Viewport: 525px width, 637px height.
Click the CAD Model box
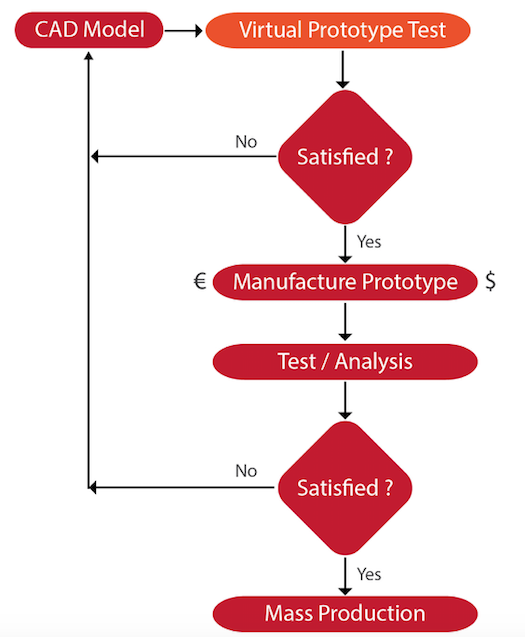89,30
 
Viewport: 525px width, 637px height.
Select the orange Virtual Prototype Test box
338,30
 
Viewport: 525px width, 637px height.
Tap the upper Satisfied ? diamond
345,157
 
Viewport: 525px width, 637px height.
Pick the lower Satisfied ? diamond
345,488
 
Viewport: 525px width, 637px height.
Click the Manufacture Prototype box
345,282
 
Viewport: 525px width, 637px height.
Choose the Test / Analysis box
345,362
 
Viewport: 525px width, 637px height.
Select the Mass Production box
345,614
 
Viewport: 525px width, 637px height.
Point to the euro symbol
200,281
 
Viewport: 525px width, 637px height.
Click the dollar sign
490,281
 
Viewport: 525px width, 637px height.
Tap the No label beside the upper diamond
246,142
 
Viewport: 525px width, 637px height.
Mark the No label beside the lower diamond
246,471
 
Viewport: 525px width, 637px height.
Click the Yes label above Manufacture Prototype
369,242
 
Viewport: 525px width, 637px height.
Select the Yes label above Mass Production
369,574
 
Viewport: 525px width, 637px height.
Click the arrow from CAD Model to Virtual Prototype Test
184,30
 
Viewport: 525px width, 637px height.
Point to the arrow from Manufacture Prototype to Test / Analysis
345,322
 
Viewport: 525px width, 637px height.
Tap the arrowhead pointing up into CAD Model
89,55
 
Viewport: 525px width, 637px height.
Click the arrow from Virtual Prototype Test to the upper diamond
343,69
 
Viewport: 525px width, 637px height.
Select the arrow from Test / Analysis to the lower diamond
345,401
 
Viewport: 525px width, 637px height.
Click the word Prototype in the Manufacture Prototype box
410,282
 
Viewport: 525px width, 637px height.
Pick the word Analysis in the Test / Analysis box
373,362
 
